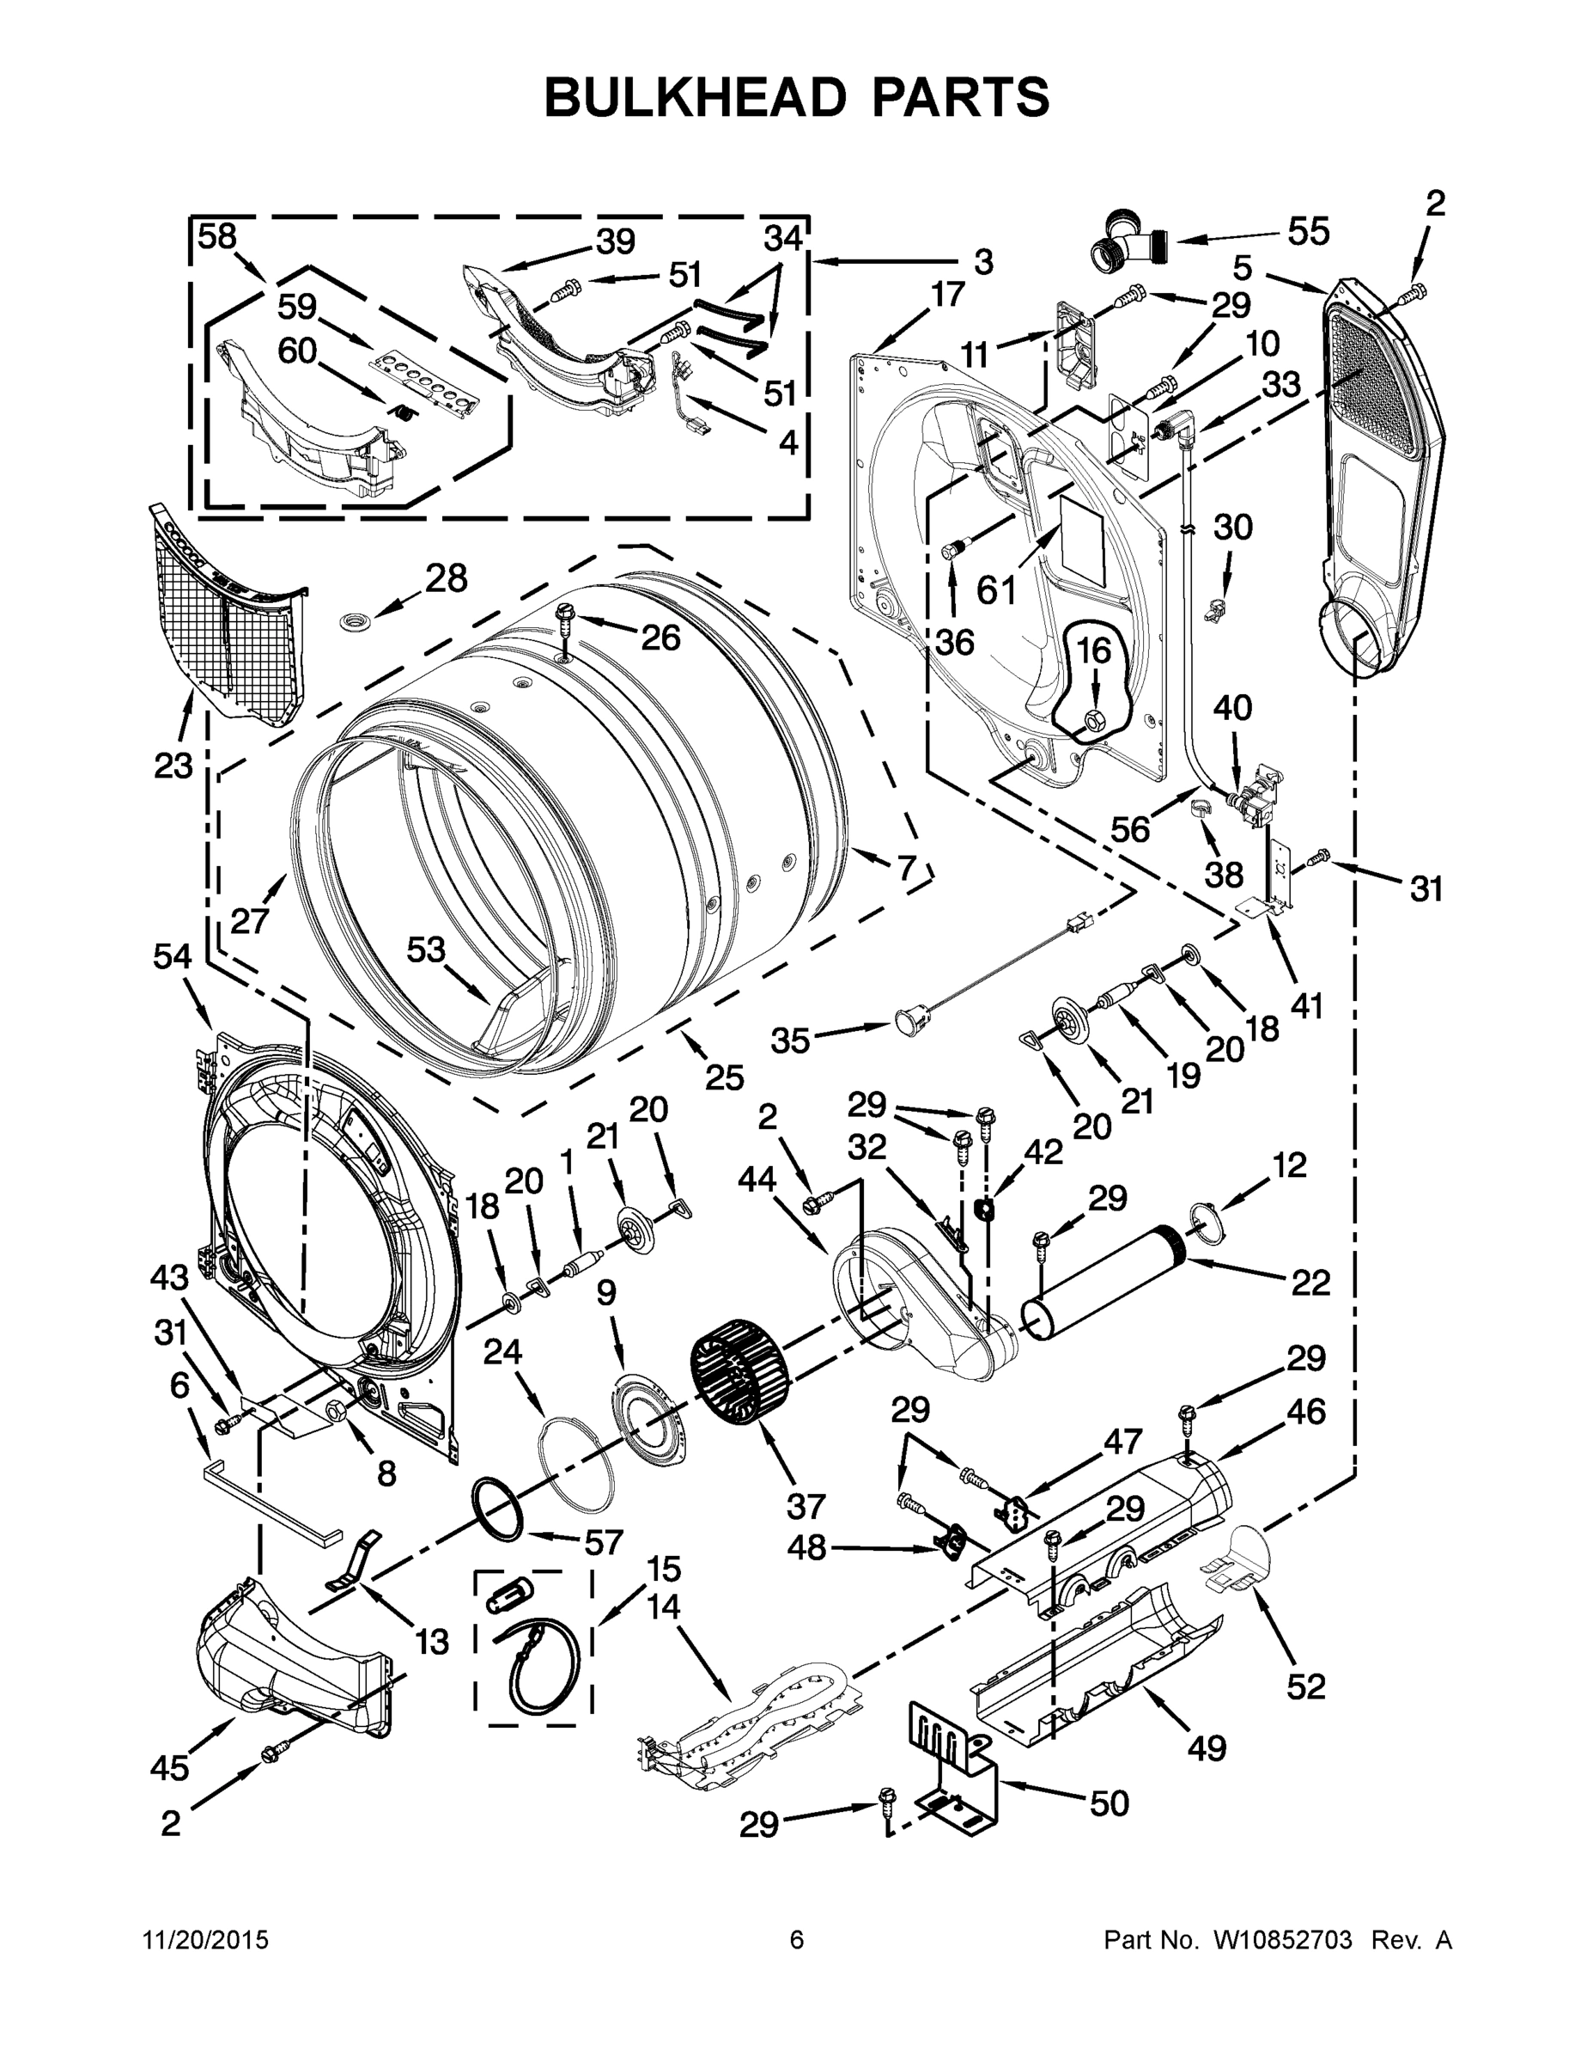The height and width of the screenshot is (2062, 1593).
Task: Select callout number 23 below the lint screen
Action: (x=173, y=766)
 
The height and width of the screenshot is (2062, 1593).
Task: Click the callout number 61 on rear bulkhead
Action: (x=996, y=591)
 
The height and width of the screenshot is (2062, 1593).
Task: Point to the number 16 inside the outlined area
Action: (x=1094, y=650)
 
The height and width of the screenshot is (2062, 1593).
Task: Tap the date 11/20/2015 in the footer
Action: (x=206, y=1941)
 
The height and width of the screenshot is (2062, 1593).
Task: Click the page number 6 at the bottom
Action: (x=797, y=1941)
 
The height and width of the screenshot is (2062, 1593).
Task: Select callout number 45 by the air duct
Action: (x=169, y=1767)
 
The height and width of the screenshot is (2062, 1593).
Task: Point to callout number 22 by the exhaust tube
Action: (x=1310, y=1282)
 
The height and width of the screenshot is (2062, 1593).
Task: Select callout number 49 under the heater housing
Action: (x=1206, y=1748)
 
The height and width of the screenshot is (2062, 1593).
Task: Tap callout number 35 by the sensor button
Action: (x=791, y=1040)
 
